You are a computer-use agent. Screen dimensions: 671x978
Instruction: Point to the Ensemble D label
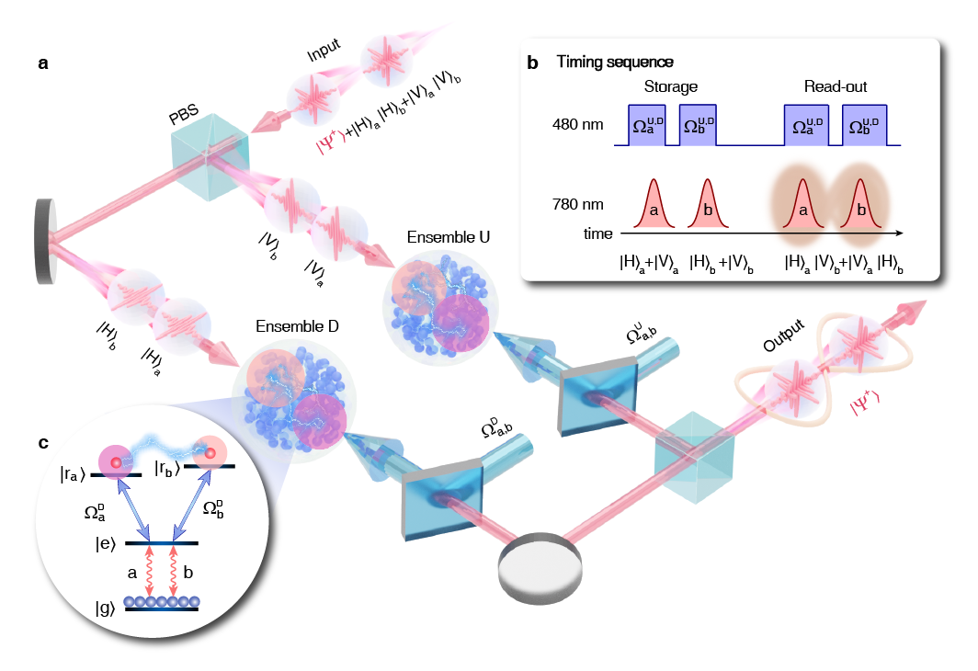point(288,327)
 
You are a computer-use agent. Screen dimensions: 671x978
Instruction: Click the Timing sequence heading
point(615,63)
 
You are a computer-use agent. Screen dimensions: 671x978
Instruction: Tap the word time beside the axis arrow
point(598,234)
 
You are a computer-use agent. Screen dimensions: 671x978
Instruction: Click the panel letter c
point(42,442)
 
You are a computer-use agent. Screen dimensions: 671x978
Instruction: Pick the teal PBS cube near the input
point(210,155)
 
